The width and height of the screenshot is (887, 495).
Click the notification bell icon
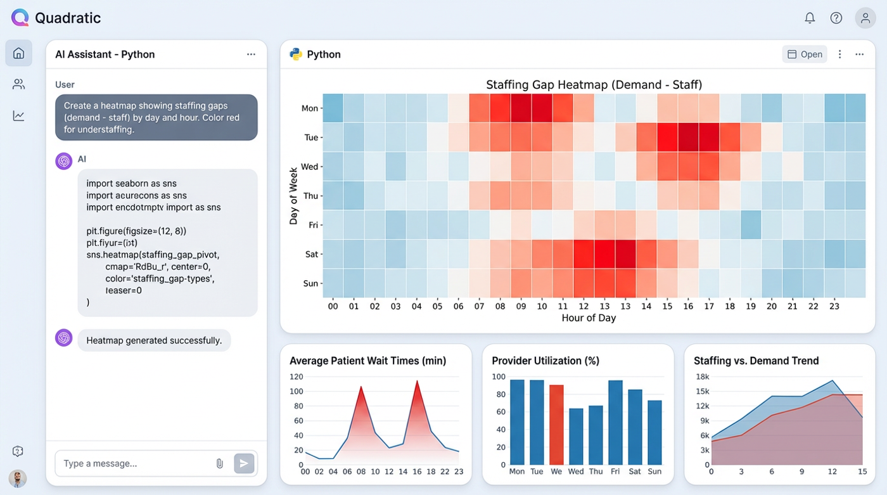(810, 18)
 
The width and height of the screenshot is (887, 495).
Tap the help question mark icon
(836, 18)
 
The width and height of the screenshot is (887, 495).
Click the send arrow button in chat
(244, 463)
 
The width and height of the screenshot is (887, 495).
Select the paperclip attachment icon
(220, 463)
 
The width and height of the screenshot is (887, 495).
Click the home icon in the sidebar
(18, 53)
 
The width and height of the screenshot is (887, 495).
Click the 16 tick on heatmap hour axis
(688, 306)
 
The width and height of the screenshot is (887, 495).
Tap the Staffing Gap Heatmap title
(594, 85)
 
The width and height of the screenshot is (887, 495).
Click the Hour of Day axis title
(589, 318)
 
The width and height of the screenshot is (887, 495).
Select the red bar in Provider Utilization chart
(556, 425)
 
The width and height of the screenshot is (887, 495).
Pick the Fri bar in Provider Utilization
(615, 422)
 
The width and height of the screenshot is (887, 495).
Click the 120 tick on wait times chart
(297, 376)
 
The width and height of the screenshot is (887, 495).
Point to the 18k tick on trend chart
(702, 376)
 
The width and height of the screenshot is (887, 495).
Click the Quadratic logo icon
(20, 18)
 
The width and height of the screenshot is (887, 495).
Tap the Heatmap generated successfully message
(154, 340)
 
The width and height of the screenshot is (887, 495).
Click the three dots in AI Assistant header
(251, 55)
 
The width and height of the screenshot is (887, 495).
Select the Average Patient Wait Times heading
(367, 361)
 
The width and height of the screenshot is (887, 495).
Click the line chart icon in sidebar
(18, 115)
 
